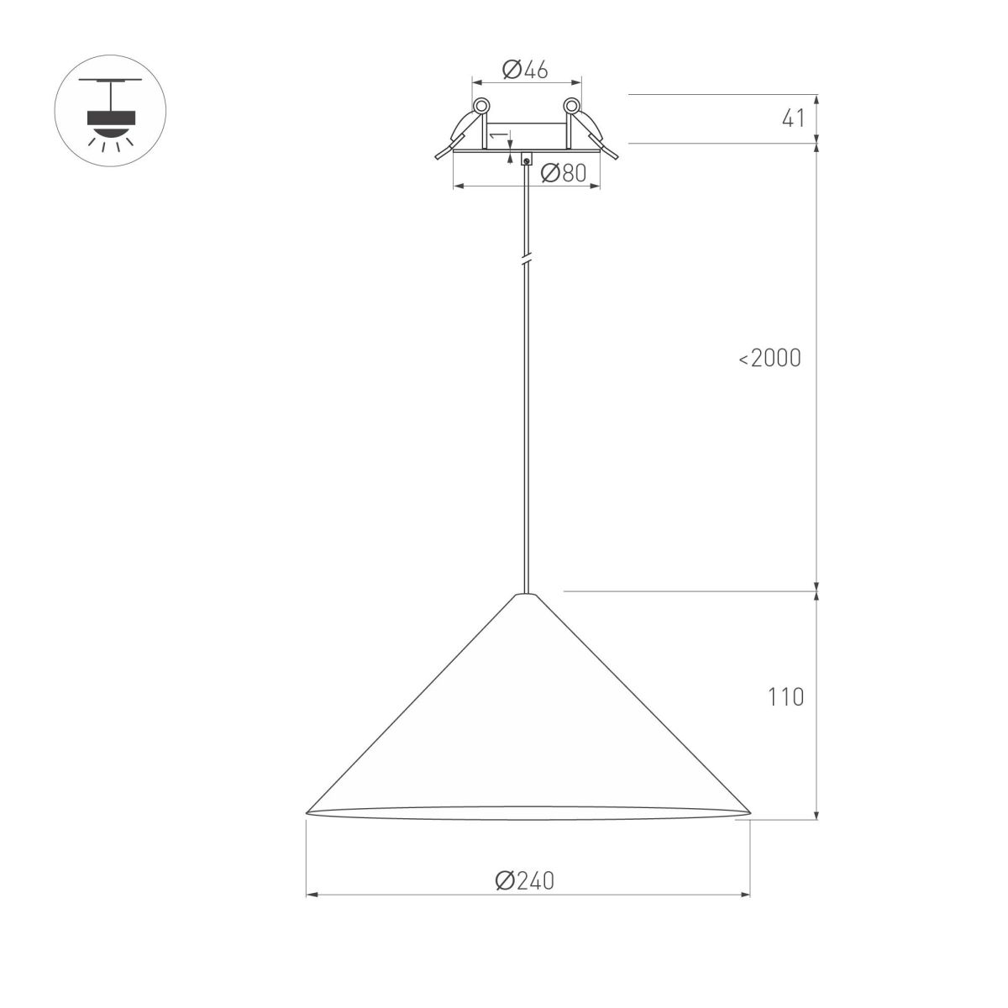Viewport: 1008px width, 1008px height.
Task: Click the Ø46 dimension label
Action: coord(525,70)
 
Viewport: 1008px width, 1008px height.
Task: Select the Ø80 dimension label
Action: coord(563,173)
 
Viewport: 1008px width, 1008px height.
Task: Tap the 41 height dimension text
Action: coord(794,118)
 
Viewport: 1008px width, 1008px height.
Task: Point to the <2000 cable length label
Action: coord(770,359)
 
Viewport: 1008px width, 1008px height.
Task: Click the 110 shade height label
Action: coord(785,696)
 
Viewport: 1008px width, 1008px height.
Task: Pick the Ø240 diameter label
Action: coord(526,880)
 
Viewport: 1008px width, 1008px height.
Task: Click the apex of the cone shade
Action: coord(526,595)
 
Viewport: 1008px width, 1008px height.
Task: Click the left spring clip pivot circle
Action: coord(481,107)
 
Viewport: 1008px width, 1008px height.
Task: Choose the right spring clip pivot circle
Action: coord(571,107)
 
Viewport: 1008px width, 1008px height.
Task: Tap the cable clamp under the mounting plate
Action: coord(526,159)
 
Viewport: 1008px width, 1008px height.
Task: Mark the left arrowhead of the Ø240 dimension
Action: coord(312,895)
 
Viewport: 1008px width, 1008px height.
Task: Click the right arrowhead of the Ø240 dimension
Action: coord(744,895)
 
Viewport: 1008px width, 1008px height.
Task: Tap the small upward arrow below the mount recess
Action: coord(511,149)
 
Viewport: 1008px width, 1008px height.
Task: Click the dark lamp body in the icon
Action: coord(110,117)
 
